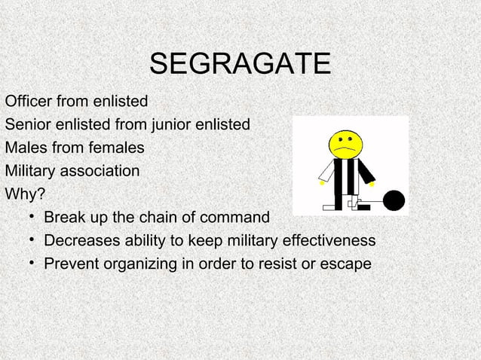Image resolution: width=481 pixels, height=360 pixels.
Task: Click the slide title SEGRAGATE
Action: coord(240,64)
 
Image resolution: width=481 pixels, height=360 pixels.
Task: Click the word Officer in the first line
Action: coord(27,100)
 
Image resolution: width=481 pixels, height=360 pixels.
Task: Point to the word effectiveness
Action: coord(329,241)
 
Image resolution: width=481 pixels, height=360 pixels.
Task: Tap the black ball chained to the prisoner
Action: coord(394,200)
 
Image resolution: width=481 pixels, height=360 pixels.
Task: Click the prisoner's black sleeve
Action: coord(366,172)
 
